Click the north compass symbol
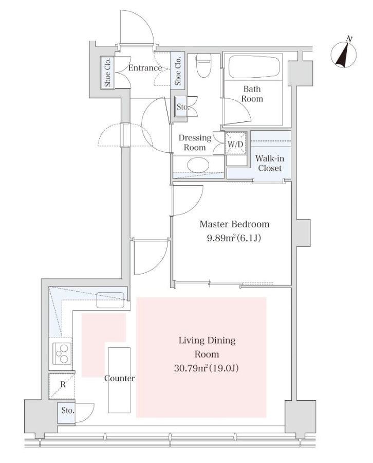[x=343, y=54]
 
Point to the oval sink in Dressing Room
[x=198, y=165]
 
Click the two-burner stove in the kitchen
[x=62, y=353]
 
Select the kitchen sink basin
[x=110, y=300]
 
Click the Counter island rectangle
[x=119, y=380]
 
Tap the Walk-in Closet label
[x=270, y=163]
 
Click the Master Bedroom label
[x=234, y=224]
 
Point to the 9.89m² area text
[x=234, y=238]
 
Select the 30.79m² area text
[x=206, y=368]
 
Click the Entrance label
[x=145, y=68]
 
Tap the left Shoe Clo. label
[x=107, y=73]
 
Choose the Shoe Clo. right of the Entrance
[x=178, y=70]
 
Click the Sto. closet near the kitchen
[x=67, y=411]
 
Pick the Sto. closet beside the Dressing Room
[x=182, y=106]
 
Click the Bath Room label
[x=252, y=94]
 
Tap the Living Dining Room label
[x=207, y=347]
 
